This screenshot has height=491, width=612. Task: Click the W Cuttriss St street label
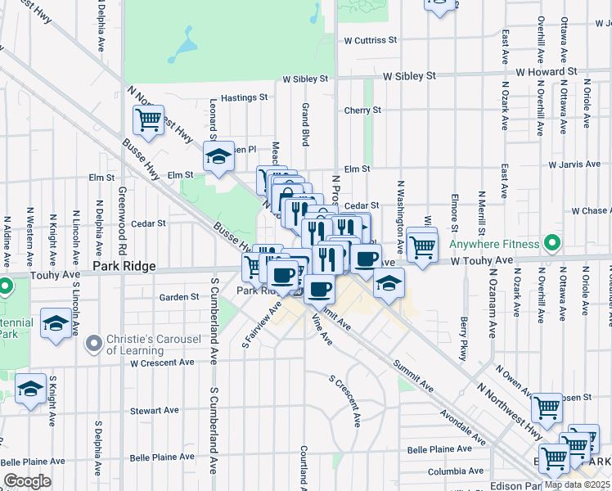[370, 39]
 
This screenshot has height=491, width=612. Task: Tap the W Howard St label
[549, 72]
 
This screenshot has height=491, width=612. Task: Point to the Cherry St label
[362, 110]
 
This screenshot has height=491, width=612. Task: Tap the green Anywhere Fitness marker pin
[552, 243]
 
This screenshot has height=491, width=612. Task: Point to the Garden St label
[179, 297]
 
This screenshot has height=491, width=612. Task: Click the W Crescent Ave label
[162, 363]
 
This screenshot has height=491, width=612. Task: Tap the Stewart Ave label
[155, 410]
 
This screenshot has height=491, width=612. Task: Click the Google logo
[27, 481]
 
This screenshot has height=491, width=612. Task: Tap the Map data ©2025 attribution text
[577, 484]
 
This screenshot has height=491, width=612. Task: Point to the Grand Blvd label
[305, 124]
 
